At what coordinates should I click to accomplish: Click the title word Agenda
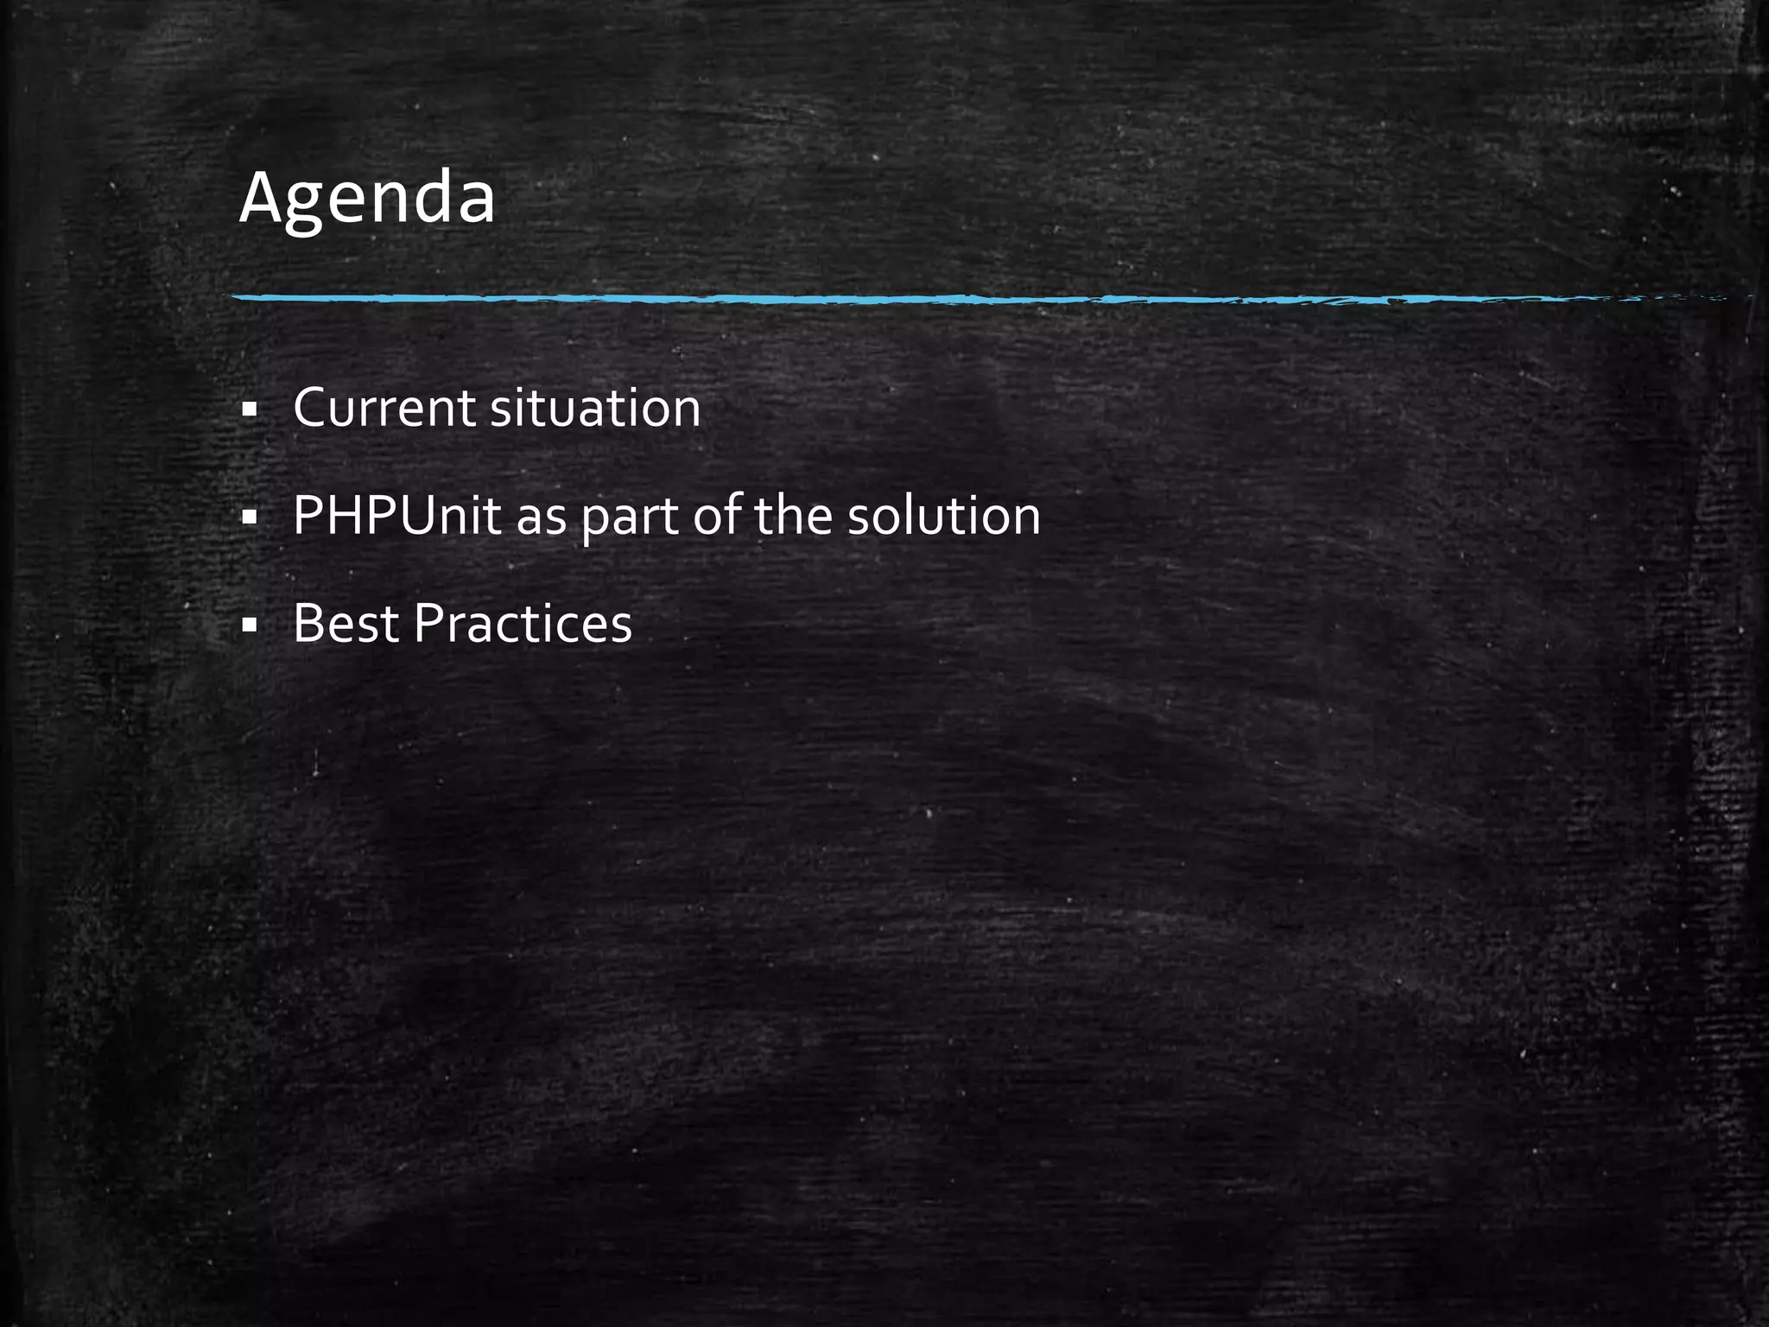[x=367, y=199]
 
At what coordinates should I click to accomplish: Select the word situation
[x=595, y=408]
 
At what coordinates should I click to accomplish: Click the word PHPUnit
[x=396, y=516]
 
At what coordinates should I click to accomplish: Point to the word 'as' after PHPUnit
[x=541, y=518]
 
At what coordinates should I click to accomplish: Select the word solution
[x=944, y=516]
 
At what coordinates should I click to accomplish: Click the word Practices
[x=523, y=624]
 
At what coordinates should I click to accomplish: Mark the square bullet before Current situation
[x=250, y=410]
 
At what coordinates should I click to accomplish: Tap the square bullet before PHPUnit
[x=250, y=518]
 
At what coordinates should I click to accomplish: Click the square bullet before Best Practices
[x=250, y=625]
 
